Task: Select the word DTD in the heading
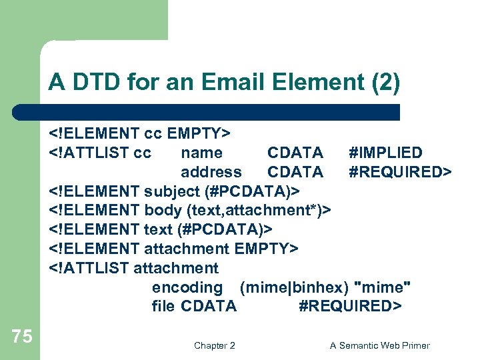click(x=87, y=83)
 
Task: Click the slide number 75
click(x=22, y=337)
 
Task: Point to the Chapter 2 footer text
click(x=214, y=345)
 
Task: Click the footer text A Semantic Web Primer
click(x=380, y=345)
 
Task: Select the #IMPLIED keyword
click(x=385, y=153)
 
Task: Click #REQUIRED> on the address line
click(x=400, y=172)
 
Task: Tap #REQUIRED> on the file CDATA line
click(x=350, y=306)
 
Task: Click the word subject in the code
click(x=170, y=191)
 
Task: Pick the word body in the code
click(x=163, y=211)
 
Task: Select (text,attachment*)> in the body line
click(x=259, y=211)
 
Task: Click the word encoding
click(x=187, y=287)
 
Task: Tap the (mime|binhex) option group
click(x=294, y=287)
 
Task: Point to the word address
click(x=211, y=172)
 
